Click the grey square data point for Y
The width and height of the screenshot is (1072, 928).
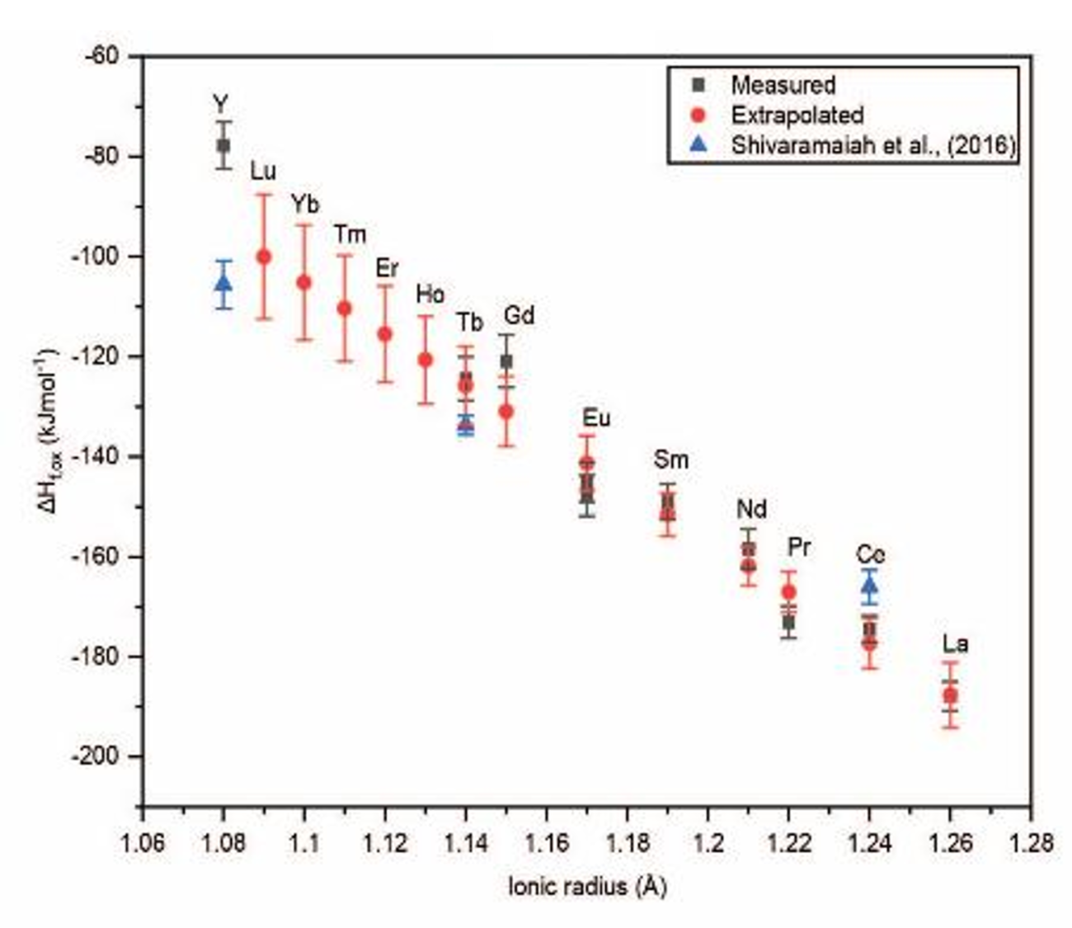(223, 145)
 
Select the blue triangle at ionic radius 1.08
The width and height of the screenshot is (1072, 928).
(223, 283)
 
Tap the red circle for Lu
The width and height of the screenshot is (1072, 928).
(264, 257)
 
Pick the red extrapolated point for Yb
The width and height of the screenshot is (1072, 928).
(303, 282)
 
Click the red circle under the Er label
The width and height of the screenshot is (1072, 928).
(384, 334)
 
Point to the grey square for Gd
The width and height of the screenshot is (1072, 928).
(506, 361)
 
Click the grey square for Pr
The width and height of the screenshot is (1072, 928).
(788, 622)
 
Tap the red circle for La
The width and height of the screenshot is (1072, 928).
(950, 695)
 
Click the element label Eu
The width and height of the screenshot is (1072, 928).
(595, 418)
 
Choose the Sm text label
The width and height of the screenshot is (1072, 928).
(670, 459)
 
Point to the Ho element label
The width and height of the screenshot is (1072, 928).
(430, 294)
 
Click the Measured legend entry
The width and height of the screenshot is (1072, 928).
(782, 85)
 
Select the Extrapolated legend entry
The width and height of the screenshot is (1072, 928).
(797, 115)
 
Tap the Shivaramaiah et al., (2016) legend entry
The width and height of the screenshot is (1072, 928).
(872, 145)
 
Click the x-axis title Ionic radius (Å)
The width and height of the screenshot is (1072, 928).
(587, 887)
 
